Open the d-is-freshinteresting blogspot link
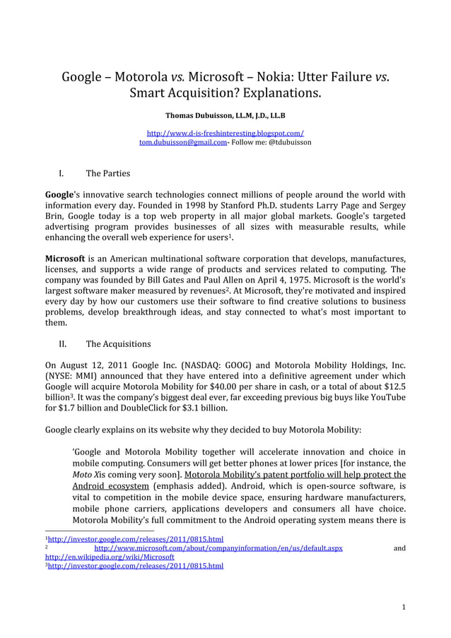(225, 133)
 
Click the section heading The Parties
(107, 173)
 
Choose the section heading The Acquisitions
(118, 344)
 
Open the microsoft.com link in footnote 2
(218, 548)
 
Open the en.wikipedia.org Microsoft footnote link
(110, 557)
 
